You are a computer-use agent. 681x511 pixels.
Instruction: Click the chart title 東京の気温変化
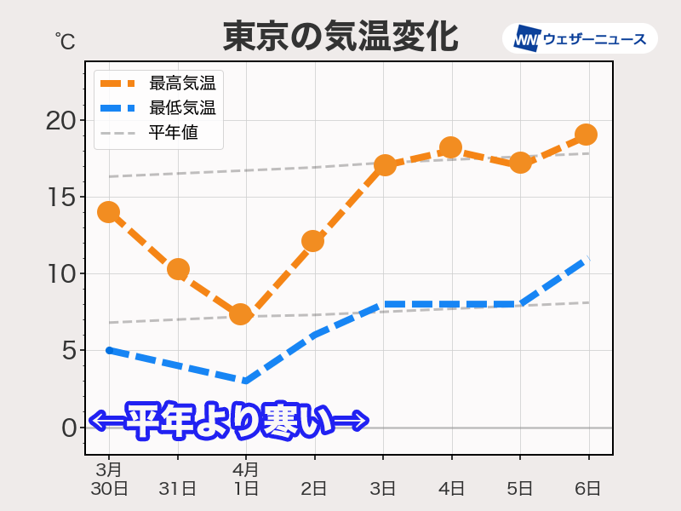340,37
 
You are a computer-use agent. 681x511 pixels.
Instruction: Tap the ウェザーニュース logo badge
580,38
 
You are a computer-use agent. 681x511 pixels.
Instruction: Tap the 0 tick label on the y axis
69,428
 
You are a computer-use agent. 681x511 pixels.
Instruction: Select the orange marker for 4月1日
241,314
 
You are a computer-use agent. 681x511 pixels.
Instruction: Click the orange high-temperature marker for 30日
108,212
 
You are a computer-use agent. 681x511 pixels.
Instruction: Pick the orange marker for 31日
178,269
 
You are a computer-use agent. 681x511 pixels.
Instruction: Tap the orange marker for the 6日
586,135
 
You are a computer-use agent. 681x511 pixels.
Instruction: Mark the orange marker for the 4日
450,148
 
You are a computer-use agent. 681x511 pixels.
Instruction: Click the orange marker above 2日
313,241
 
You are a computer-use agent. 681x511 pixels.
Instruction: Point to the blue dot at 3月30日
109,350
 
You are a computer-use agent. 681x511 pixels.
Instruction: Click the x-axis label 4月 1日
246,479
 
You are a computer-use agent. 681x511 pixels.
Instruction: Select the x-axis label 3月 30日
109,479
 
